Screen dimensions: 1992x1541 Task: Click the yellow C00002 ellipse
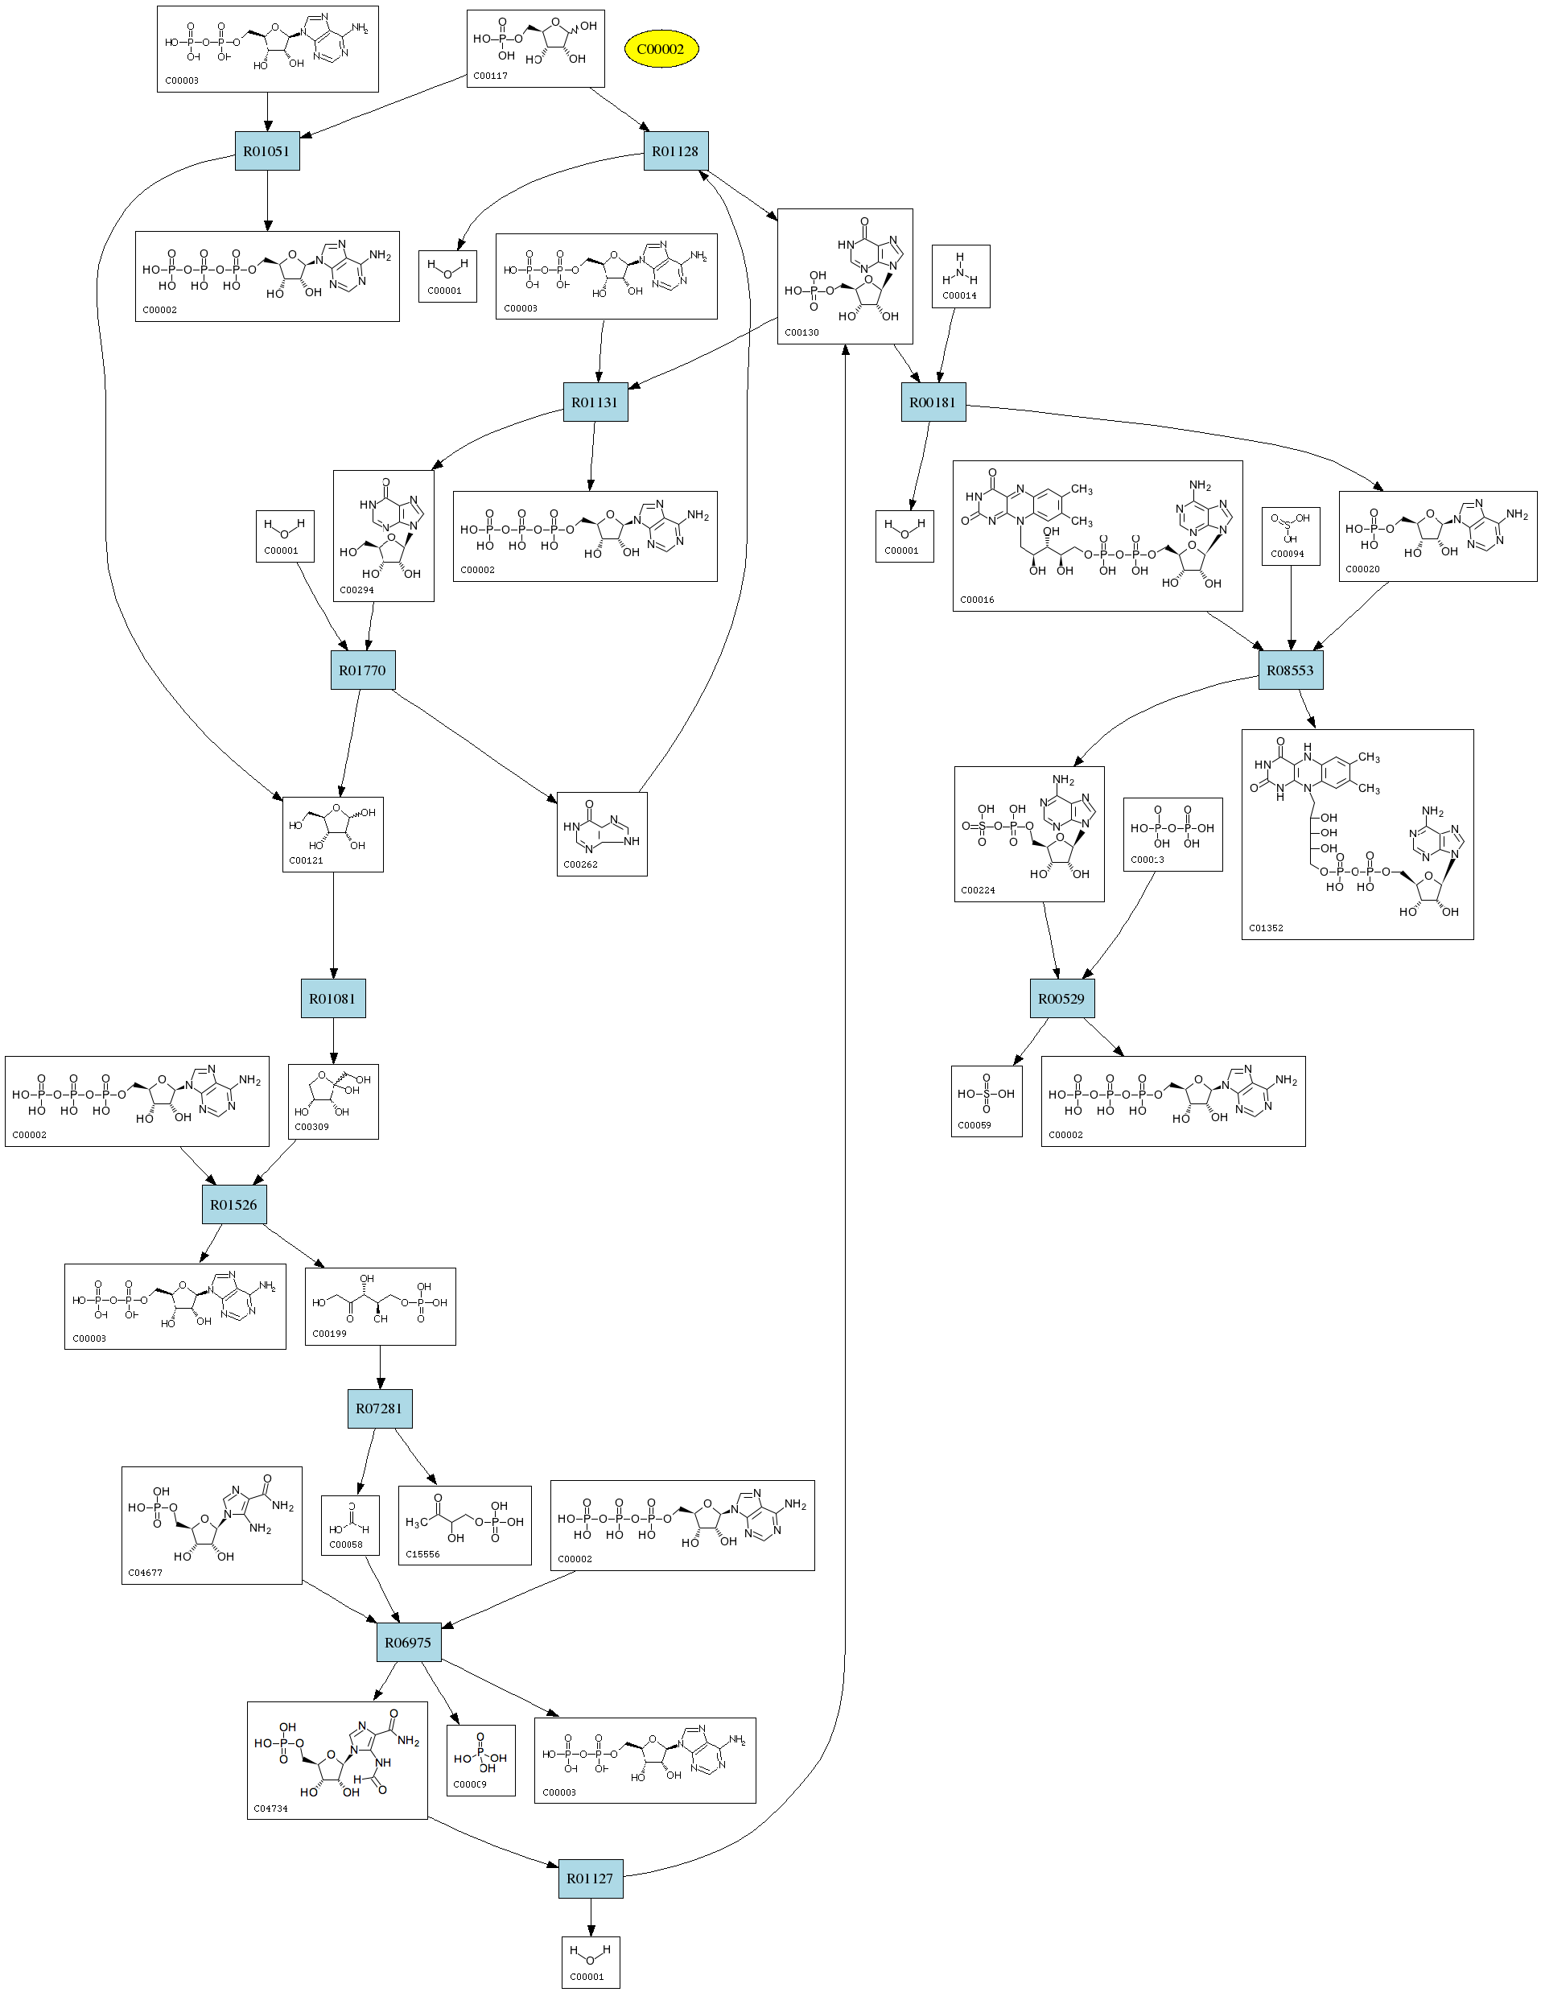pos(661,49)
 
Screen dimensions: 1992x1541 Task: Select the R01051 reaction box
pos(266,151)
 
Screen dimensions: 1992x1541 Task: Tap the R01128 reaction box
pos(675,151)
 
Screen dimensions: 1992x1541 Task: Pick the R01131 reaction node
pos(595,402)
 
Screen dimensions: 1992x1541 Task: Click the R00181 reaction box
pos(933,402)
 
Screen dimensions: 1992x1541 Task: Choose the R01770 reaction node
pos(362,670)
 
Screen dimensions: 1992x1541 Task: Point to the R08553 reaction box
pos(1290,670)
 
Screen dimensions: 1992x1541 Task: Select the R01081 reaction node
pos(333,999)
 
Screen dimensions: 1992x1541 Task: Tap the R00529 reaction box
pos(1061,999)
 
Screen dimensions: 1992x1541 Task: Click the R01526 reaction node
pos(233,1205)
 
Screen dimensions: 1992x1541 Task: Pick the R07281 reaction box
pos(379,1409)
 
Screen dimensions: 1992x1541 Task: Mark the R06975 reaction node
pos(408,1643)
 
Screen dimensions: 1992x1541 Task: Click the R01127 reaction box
pos(590,1879)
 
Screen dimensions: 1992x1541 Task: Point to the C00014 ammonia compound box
pos(960,276)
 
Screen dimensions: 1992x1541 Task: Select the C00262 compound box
pos(602,834)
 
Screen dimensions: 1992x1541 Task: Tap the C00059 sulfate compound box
pos(986,1101)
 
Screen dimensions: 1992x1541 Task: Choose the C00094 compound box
pos(1290,536)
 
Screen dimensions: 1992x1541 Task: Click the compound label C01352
pos(1266,929)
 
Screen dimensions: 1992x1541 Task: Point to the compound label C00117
pos(491,76)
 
